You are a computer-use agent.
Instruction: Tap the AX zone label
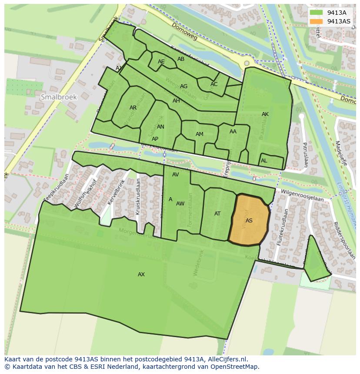(x=141, y=275)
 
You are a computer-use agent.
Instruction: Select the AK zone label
(x=265, y=114)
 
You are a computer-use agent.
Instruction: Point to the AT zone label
(x=217, y=214)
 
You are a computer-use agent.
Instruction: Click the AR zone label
(x=133, y=108)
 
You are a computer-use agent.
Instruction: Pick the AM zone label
(x=200, y=134)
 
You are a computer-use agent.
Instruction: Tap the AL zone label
(x=264, y=161)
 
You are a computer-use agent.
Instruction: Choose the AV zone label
(x=176, y=175)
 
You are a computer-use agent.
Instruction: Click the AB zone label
(x=181, y=59)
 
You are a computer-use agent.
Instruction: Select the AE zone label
(x=161, y=62)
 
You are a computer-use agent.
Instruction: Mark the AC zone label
(x=214, y=84)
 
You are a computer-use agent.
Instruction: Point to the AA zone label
(x=233, y=132)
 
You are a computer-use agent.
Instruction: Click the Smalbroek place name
(x=59, y=97)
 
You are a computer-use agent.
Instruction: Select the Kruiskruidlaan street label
(x=138, y=196)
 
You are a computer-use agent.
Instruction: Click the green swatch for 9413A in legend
(x=316, y=13)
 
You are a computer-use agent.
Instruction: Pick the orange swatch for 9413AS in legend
(x=316, y=21)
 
